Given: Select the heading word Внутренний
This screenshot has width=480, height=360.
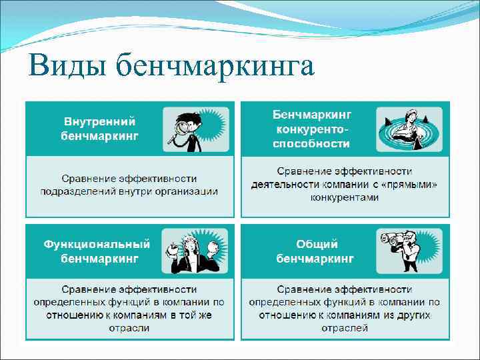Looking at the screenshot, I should tap(99, 122).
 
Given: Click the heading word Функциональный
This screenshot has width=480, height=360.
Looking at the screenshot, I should tap(97, 245).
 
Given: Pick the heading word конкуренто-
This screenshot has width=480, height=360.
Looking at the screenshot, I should tap(312, 129).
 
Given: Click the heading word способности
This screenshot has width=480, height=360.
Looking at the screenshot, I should tap(312, 143).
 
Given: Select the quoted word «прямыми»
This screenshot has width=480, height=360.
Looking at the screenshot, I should tap(411, 184).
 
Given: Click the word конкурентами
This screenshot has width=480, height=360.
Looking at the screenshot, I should tap(345, 197).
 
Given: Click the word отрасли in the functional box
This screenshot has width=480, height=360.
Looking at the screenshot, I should tap(129, 328).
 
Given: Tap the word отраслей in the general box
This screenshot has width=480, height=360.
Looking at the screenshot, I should tap(345, 328).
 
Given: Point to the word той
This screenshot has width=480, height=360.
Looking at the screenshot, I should tap(189, 315).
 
